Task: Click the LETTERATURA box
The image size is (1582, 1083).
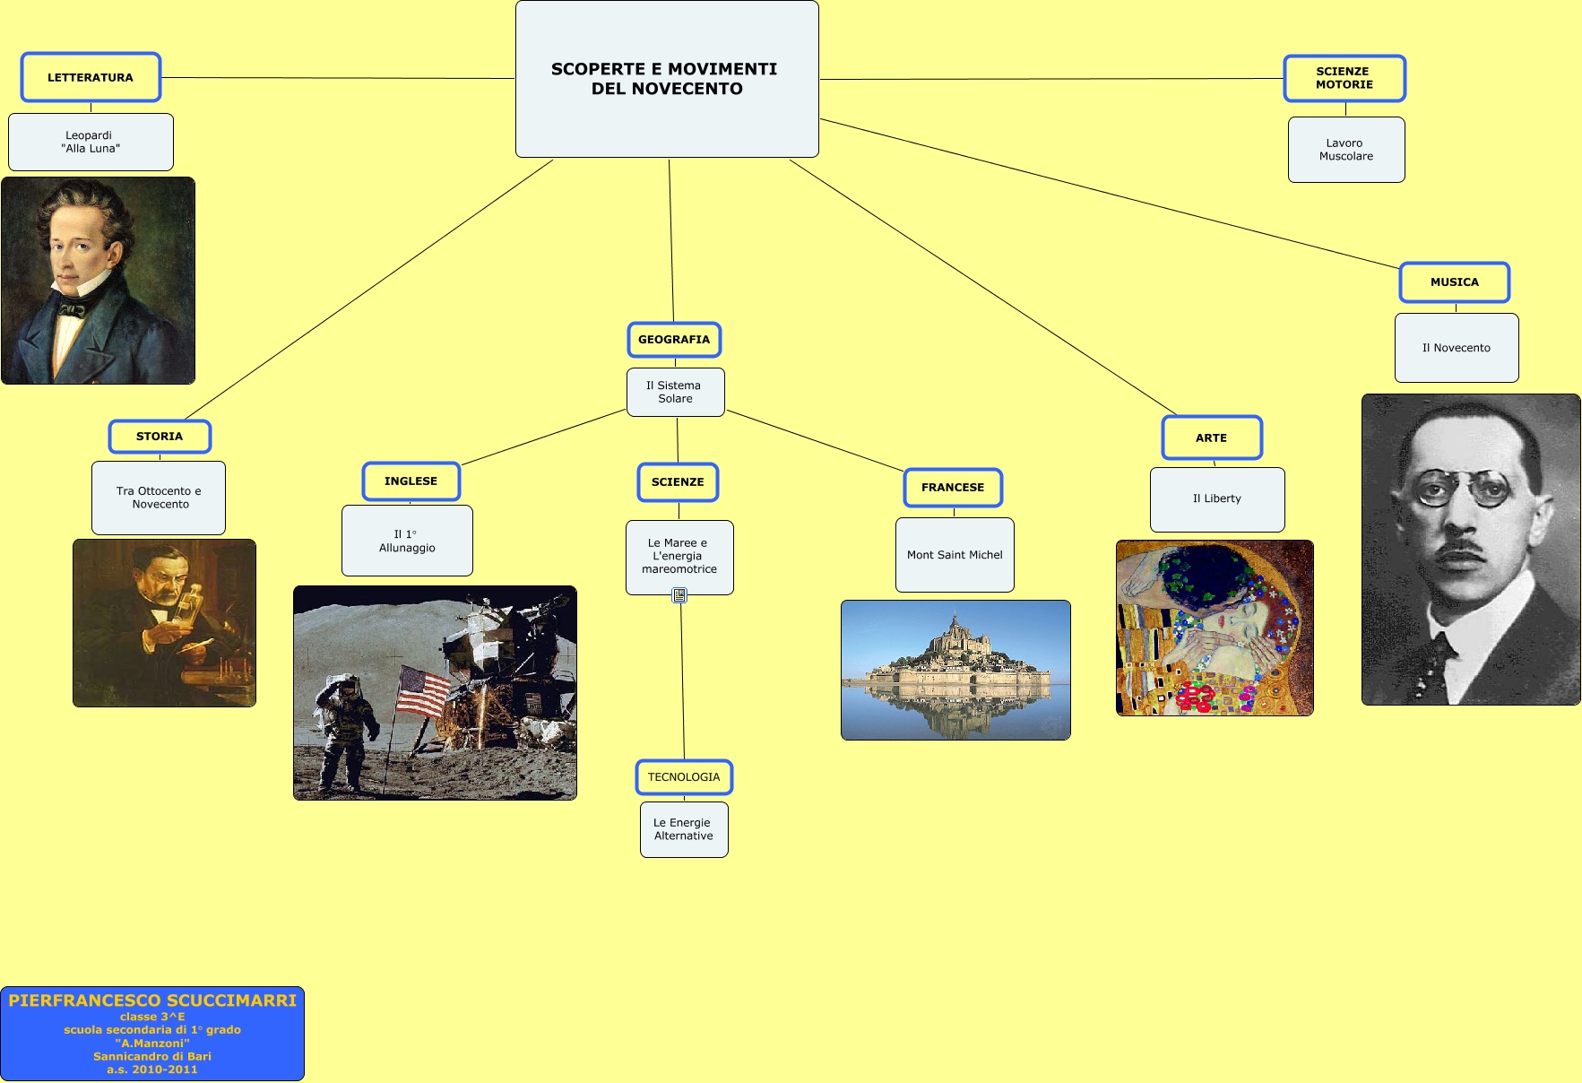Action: click(x=91, y=78)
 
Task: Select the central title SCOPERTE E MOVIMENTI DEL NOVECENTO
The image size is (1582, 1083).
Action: click(x=666, y=79)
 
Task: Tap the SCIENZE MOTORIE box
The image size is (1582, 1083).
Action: click(x=1344, y=79)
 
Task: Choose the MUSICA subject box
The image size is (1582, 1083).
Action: click(x=1454, y=282)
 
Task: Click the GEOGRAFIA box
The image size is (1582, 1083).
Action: click(x=674, y=340)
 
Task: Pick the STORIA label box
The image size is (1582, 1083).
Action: click(x=160, y=437)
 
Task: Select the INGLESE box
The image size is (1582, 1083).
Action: click(x=411, y=481)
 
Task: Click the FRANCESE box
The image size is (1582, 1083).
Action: click(x=952, y=488)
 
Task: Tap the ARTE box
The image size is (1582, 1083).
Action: click(x=1211, y=438)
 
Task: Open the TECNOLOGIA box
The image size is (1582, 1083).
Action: click(x=684, y=777)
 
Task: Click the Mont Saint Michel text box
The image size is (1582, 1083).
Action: click(x=955, y=555)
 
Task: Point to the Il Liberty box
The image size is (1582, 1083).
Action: click(x=1216, y=499)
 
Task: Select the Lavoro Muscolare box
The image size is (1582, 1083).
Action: click(x=1345, y=150)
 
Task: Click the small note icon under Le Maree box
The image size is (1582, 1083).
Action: click(x=679, y=594)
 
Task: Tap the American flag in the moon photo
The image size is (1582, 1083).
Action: click(x=422, y=691)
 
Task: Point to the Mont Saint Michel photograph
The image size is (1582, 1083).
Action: click(x=955, y=670)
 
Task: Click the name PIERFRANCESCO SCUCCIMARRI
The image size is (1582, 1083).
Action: click(x=152, y=1001)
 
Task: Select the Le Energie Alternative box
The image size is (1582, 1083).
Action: click(x=683, y=829)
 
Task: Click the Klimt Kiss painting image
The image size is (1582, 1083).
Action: click(x=1214, y=628)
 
